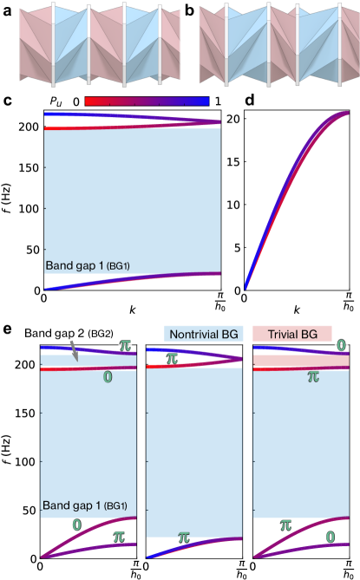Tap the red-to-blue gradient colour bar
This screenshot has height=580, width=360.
point(147,101)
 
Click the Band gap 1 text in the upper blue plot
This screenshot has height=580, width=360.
point(87,266)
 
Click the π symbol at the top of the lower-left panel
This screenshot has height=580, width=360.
point(126,345)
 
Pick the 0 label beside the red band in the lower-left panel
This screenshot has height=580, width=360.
point(107,377)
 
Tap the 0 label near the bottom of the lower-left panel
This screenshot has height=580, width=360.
point(77,525)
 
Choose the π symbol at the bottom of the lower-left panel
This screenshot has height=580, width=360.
point(120,538)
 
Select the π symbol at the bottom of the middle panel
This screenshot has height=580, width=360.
point(183,538)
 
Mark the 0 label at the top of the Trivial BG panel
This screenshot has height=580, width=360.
point(340,345)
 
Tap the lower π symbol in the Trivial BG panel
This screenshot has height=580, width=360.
point(285,525)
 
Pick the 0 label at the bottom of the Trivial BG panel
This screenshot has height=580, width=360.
point(330,538)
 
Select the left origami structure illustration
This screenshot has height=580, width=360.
point(91,43)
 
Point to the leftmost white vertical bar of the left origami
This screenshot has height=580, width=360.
point(54,43)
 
